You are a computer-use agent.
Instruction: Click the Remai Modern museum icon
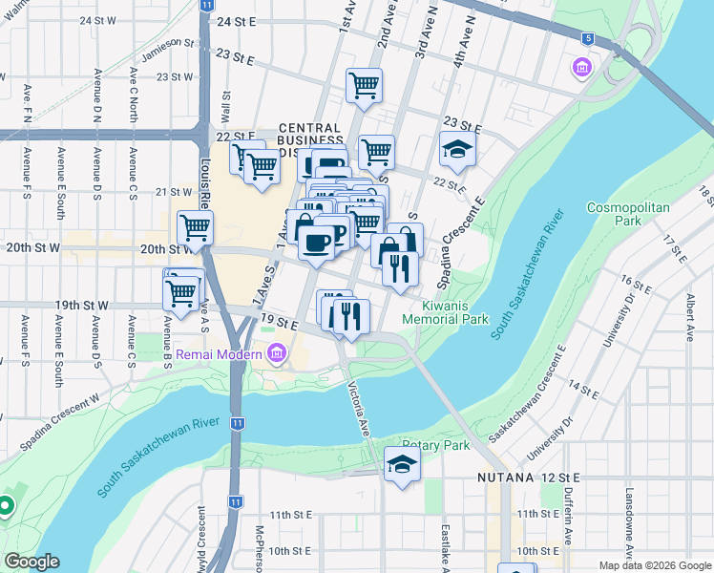tap(277, 353)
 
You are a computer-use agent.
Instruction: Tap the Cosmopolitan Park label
tap(628, 213)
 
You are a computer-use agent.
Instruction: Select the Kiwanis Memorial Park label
tap(454, 312)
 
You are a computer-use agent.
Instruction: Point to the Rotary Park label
tap(435, 445)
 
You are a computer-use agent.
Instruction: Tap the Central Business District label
tap(310, 139)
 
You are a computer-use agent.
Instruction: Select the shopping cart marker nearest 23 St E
tap(364, 86)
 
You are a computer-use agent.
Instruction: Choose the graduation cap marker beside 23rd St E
tap(457, 149)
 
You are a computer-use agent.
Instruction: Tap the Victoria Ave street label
tap(360, 411)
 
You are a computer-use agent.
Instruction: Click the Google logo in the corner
tap(31, 562)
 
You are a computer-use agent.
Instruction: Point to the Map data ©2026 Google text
tap(654, 565)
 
